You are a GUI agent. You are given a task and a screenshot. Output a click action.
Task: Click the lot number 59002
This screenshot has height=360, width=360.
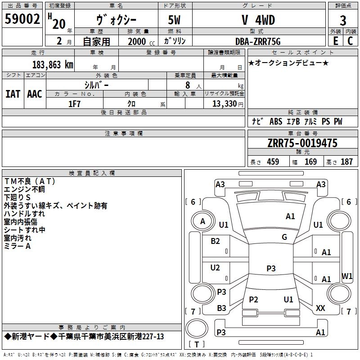[x=22, y=19]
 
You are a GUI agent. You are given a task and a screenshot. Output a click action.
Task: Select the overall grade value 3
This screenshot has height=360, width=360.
[x=343, y=20]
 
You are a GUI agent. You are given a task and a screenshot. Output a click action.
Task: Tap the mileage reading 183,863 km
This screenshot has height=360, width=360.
[x=53, y=65]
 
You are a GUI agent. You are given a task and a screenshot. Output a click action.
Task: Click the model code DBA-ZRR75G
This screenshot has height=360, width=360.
[x=258, y=41]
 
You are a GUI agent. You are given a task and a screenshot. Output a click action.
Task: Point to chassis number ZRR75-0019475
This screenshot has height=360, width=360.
[x=302, y=143]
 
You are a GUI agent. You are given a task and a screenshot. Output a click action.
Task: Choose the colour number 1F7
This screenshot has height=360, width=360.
[x=74, y=104]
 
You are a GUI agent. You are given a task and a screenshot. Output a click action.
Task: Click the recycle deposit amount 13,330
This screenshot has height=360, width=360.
[x=225, y=103]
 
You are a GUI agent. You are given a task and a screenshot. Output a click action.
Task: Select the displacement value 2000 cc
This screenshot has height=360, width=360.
[x=141, y=41]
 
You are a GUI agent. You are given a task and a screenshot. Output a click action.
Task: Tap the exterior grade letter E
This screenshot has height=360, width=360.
[x=335, y=41]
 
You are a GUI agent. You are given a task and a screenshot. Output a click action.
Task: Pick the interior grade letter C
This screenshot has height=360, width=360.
[x=350, y=41]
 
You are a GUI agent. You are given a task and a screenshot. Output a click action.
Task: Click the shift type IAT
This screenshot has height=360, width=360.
[x=13, y=94]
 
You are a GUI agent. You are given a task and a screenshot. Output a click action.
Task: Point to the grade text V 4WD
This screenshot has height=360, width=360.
[x=258, y=20]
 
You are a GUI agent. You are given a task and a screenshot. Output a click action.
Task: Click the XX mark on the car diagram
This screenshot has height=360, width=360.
[x=320, y=308]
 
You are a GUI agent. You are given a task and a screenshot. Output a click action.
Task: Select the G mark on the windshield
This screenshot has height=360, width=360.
[x=284, y=237]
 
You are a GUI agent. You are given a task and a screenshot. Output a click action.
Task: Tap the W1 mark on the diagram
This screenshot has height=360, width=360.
[x=347, y=276]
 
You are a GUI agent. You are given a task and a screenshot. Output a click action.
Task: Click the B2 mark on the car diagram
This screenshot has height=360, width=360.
[x=215, y=241]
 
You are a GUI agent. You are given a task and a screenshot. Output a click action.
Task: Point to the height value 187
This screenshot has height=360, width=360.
[x=346, y=162]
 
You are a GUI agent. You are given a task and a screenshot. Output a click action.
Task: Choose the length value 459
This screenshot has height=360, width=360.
[x=273, y=162]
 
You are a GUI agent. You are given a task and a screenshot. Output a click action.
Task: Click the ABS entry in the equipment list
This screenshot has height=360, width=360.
[x=276, y=121]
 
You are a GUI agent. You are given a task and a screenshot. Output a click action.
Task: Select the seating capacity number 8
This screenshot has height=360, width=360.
[x=188, y=85]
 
